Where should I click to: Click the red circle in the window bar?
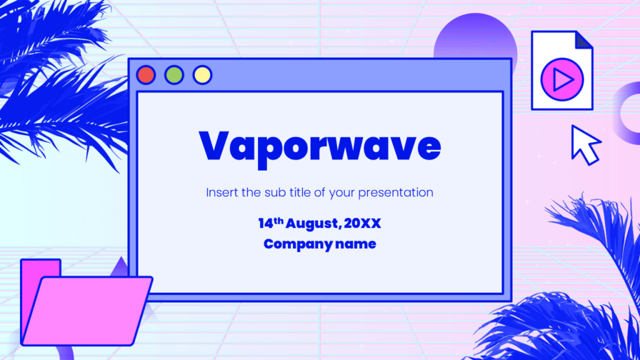[x=146, y=75]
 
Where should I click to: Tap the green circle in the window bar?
[x=174, y=75]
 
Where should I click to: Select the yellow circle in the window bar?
[x=202, y=75]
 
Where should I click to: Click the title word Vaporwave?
[x=319, y=146]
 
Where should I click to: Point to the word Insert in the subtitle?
[x=222, y=192]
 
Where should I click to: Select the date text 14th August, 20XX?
[x=319, y=223]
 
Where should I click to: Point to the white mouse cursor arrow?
[x=584, y=144]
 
